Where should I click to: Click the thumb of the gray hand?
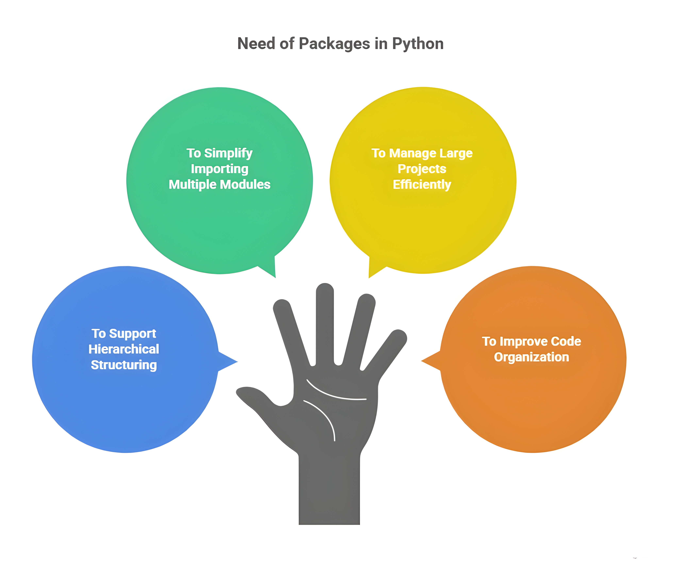(257, 395)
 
